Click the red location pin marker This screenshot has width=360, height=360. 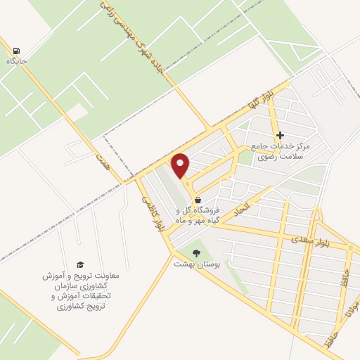coord(181,165)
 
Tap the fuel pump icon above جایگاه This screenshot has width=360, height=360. coord(16,50)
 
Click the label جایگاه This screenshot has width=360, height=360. coord(16,61)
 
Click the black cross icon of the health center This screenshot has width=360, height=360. coord(280,135)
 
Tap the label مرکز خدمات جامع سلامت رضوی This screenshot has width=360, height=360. coord(280,151)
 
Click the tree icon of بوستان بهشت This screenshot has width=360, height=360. coord(196,253)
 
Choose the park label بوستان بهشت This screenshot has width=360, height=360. coord(197,265)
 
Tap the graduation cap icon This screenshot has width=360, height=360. coord(79,264)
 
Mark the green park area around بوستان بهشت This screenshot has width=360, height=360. coord(211,260)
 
